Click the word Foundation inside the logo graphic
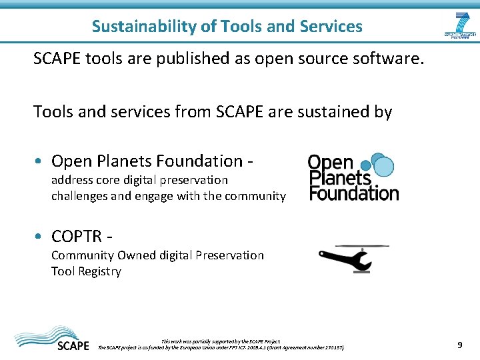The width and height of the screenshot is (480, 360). click(x=354, y=193)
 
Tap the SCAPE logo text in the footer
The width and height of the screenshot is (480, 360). click(x=73, y=345)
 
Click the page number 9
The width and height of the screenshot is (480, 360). click(x=459, y=345)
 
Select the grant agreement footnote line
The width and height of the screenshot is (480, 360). click(x=221, y=347)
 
